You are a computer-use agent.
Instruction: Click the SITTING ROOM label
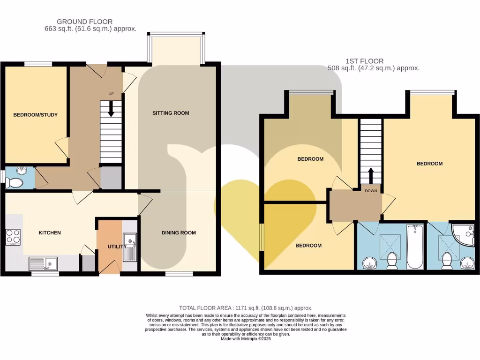[171, 113]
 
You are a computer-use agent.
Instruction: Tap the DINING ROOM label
[179, 232]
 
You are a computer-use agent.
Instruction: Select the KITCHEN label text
[50, 232]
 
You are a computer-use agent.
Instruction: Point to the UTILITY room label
[117, 247]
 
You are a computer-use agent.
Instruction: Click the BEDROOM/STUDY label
[35, 115]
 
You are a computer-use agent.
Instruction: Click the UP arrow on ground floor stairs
[111, 109]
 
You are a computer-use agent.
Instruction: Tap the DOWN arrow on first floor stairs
[371, 177]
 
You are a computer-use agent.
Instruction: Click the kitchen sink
[43, 264]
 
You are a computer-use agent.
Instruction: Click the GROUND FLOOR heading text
[84, 22]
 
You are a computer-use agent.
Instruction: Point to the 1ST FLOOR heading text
[364, 61]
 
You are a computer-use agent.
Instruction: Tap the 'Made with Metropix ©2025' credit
[246, 338]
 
